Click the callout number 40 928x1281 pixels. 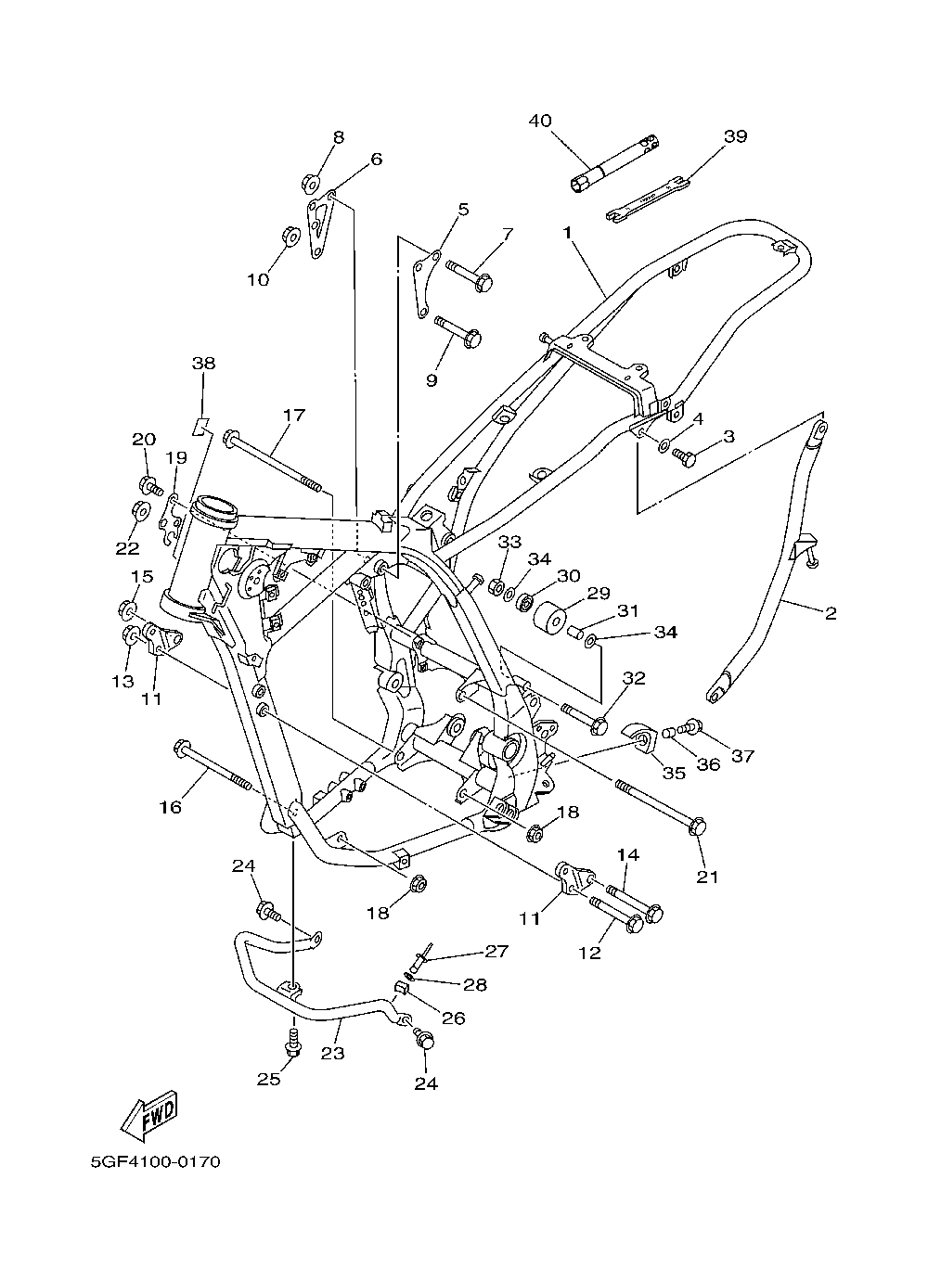pos(540,121)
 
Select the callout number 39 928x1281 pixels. pos(735,136)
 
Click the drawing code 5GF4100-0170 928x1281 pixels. pos(155,1161)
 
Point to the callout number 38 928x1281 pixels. pos(203,364)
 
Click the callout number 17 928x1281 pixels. pos(294,416)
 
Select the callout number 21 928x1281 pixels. pos(708,877)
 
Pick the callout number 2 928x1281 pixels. pos(831,612)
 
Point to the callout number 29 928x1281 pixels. pos(598,592)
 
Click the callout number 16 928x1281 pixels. pos(170,807)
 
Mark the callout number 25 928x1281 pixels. pos(268,1079)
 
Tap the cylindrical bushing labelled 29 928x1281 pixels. pos(550,619)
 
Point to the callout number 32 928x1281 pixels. pos(634,678)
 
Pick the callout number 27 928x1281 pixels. pos(496,951)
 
